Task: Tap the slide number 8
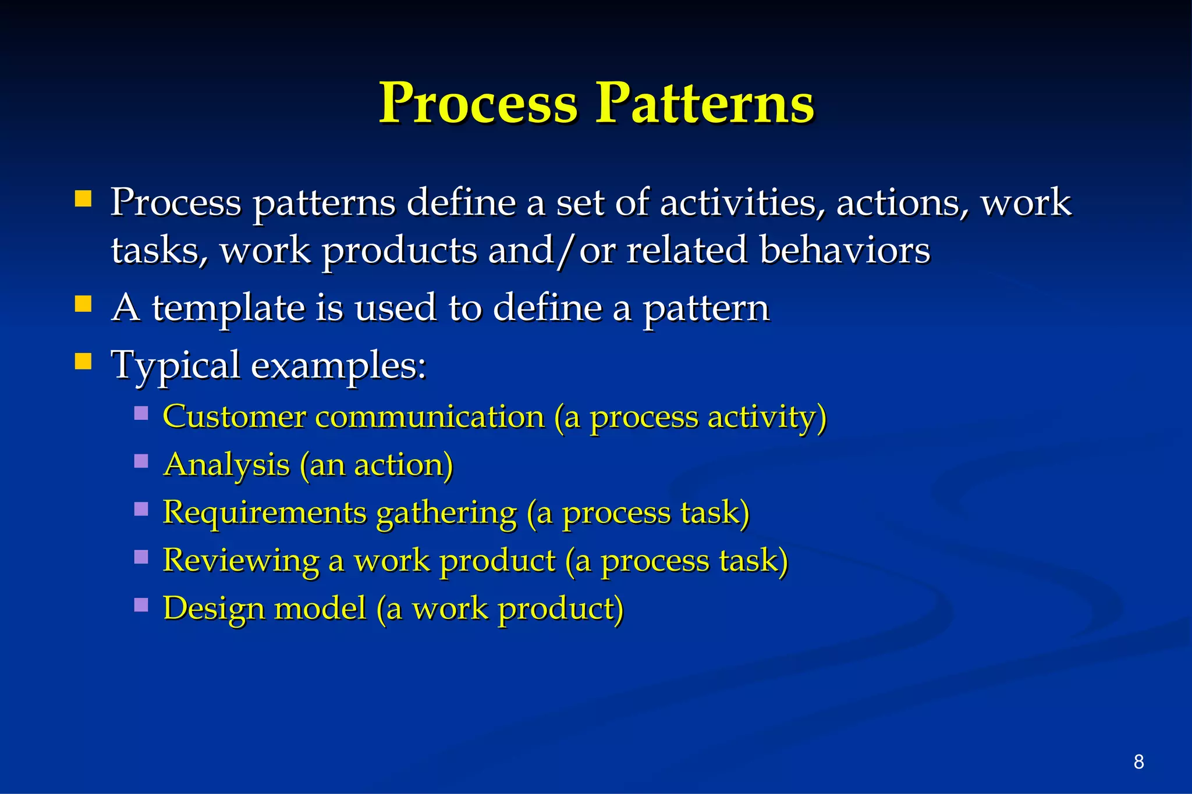pyautogui.click(x=1139, y=761)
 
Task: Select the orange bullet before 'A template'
pyautogui.click(x=83, y=304)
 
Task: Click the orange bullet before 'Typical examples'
pyautogui.click(x=83, y=362)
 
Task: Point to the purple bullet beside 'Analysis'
pyautogui.click(x=141, y=461)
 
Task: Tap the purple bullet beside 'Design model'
pyautogui.click(x=141, y=605)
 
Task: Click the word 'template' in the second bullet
pyautogui.click(x=228, y=308)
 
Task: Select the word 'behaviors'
pyautogui.click(x=845, y=250)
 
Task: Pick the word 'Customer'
pyautogui.click(x=234, y=417)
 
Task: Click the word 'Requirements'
pyautogui.click(x=264, y=513)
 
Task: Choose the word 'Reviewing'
pyautogui.click(x=241, y=561)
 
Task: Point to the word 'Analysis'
pyautogui.click(x=226, y=465)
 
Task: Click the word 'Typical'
pyautogui.click(x=176, y=366)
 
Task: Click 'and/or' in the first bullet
pyautogui.click(x=552, y=250)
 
